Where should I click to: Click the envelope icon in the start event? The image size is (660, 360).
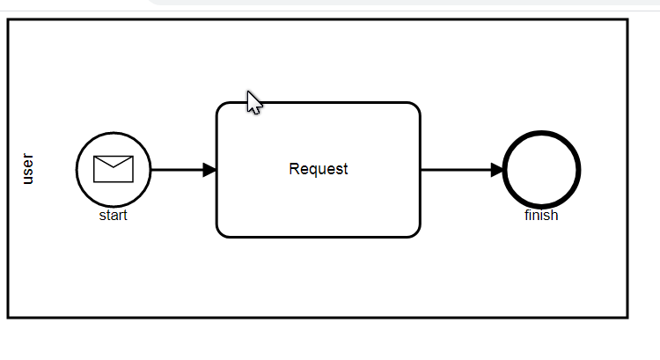coord(113,168)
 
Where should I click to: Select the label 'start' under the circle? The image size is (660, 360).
coord(113,216)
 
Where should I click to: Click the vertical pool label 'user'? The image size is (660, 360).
coord(28,168)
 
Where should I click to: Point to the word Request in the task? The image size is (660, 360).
coord(318,169)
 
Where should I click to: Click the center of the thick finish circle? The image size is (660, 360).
coord(541,170)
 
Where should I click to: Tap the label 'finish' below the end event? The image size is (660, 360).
coord(541,216)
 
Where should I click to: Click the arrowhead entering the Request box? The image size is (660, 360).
coord(209,170)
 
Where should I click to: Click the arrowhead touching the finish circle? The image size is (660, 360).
coord(497,170)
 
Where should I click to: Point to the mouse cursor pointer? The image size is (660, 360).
coord(253,102)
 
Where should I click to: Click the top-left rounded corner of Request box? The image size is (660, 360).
coord(221,107)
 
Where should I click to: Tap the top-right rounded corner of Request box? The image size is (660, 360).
coord(415,107)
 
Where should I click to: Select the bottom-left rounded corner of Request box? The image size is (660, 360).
coord(221,232)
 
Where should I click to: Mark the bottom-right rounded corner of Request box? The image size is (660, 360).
coord(415,232)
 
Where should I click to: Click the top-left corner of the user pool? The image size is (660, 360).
coord(9,20)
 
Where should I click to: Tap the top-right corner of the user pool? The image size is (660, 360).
coord(627,20)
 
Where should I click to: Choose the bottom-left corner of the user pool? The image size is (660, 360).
coord(9,316)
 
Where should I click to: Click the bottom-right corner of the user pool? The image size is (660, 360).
coord(627,316)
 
